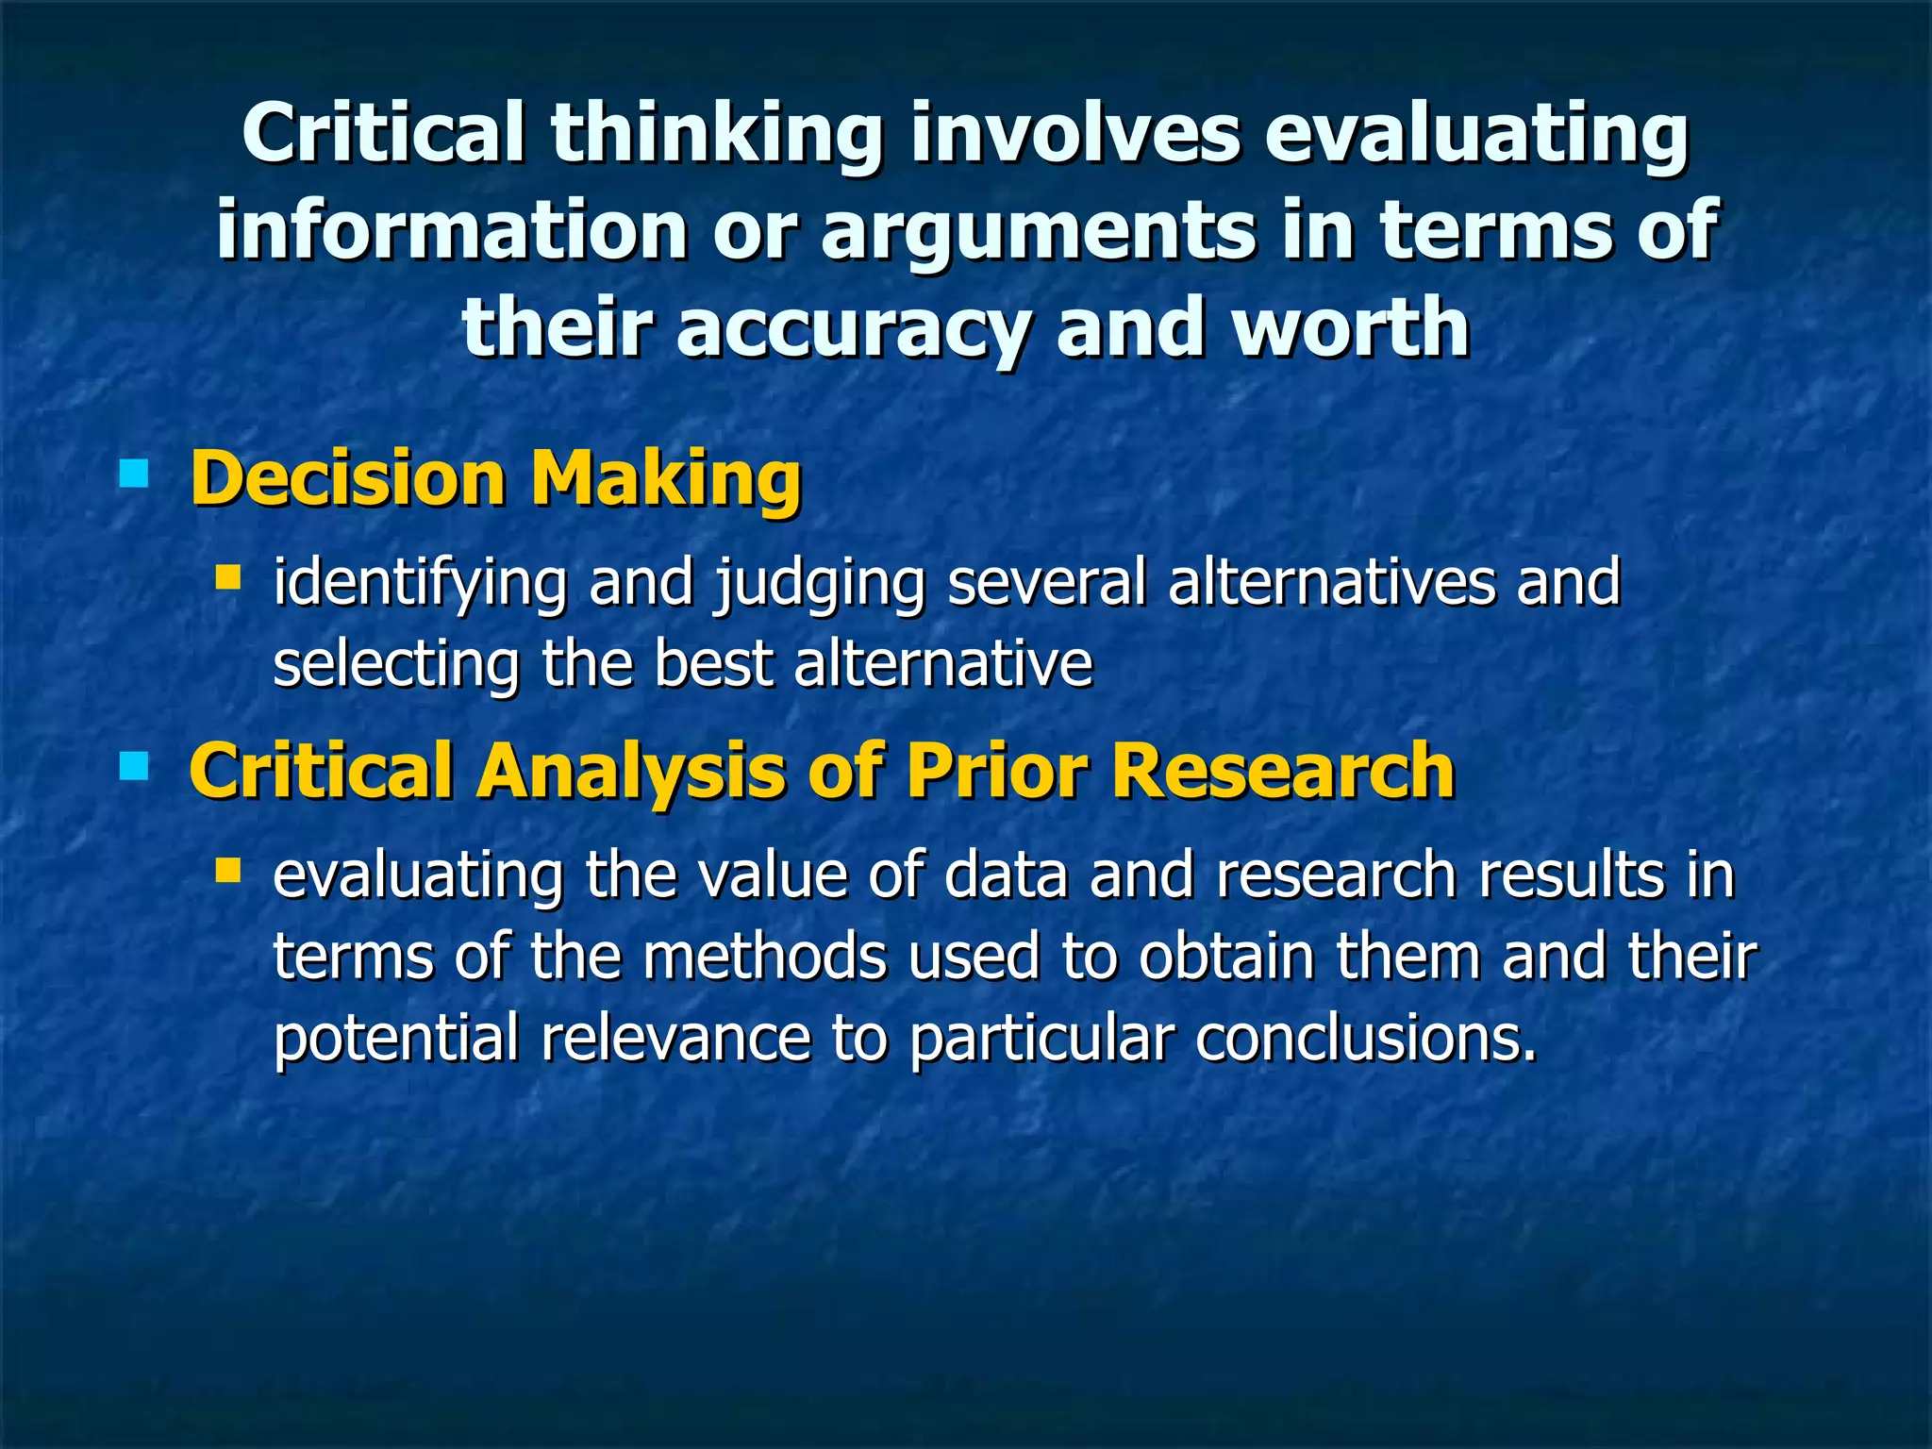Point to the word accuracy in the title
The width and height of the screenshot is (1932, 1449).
852,329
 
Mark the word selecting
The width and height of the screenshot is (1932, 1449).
395,666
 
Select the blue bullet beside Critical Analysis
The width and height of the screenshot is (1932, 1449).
134,765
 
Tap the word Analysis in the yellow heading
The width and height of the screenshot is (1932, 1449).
630,772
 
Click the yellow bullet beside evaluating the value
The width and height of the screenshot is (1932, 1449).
227,868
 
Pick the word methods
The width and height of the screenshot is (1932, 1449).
765,957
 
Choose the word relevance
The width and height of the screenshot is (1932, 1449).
675,1039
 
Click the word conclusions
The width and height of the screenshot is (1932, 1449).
1365,1039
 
